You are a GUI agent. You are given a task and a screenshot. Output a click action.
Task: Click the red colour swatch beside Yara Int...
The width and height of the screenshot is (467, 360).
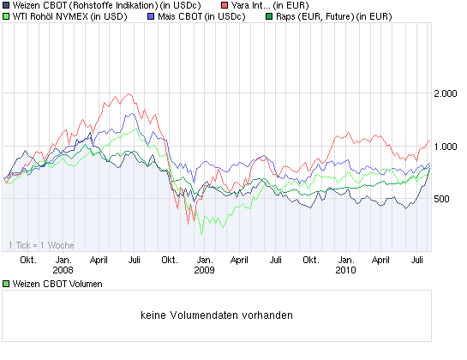pyautogui.click(x=225, y=5)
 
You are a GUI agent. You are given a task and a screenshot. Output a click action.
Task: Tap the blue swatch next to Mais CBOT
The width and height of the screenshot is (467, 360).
pyautogui.click(x=152, y=16)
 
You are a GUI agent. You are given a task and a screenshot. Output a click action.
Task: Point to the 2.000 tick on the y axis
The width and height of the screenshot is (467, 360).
pyautogui.click(x=446, y=93)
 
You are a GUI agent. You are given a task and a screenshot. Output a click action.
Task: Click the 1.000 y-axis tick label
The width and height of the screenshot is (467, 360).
pyautogui.click(x=446, y=147)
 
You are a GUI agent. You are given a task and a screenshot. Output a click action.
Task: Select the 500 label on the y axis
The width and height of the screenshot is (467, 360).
pyautogui.click(x=442, y=200)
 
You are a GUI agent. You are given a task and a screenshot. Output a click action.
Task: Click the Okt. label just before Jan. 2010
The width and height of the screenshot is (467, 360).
pyautogui.click(x=311, y=259)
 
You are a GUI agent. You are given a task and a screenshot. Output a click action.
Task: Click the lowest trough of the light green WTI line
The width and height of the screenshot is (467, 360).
pyautogui.click(x=201, y=233)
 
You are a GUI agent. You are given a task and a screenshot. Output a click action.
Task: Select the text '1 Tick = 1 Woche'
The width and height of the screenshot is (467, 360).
pyautogui.click(x=41, y=245)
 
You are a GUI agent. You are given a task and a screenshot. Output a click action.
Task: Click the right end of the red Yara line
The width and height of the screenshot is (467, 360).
pyautogui.click(x=429, y=140)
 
